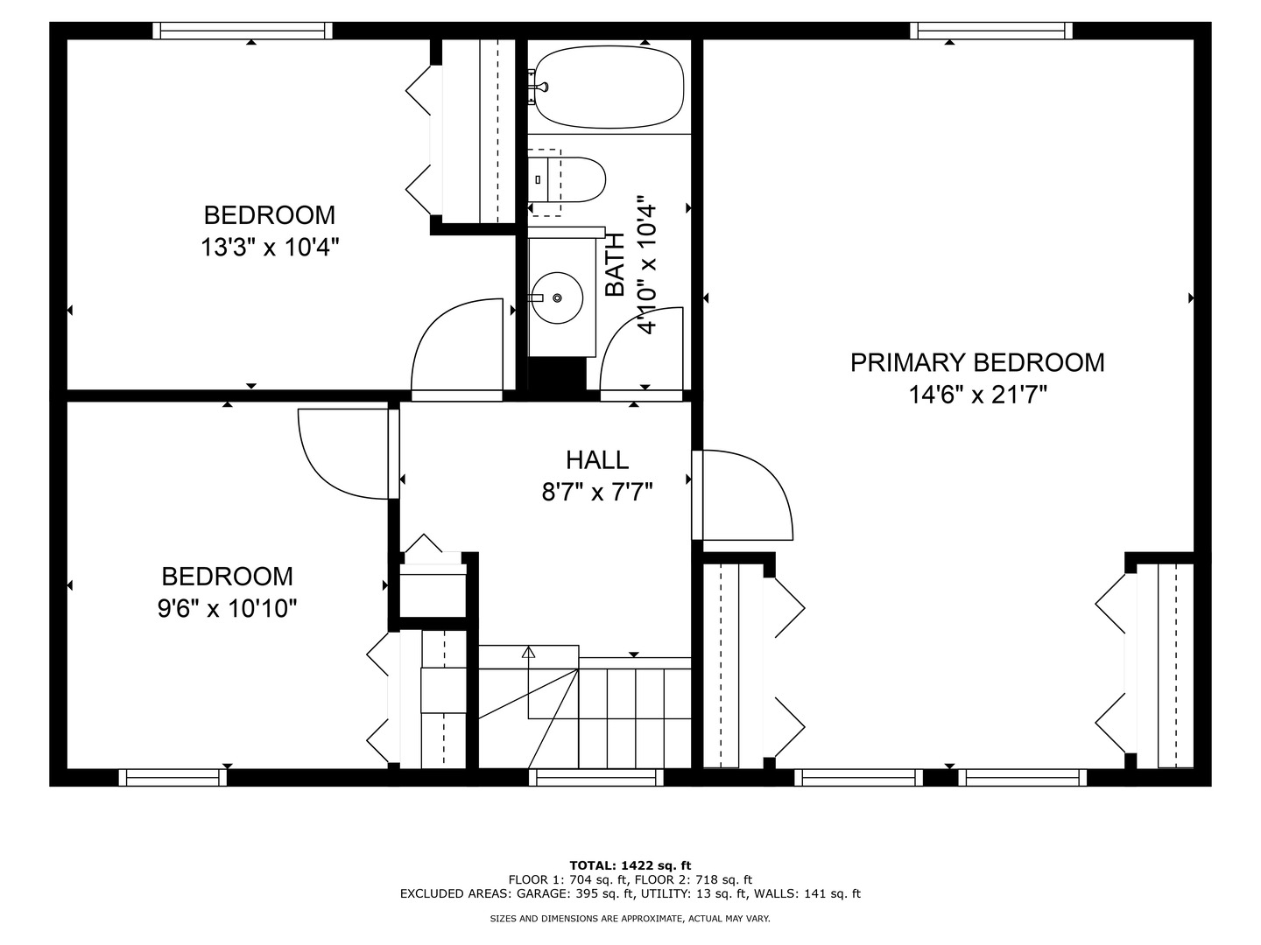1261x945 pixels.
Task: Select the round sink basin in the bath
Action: click(x=556, y=298)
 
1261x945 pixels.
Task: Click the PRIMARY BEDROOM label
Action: click(x=977, y=362)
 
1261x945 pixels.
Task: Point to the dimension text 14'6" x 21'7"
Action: click(x=977, y=395)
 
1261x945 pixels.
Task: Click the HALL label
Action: click(x=596, y=459)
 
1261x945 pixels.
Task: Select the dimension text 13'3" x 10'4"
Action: click(x=270, y=248)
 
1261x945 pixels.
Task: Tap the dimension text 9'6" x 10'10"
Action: click(x=228, y=609)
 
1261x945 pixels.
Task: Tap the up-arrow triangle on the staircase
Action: click(x=528, y=653)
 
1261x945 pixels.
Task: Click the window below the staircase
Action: click(x=595, y=777)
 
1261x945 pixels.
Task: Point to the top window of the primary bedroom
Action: click(x=991, y=31)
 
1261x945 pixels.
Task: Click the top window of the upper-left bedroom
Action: click(x=243, y=31)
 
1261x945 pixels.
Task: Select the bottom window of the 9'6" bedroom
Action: click(x=173, y=777)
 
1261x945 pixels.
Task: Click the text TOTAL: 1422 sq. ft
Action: click(x=630, y=865)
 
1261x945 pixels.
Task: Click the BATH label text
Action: click(x=616, y=264)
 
